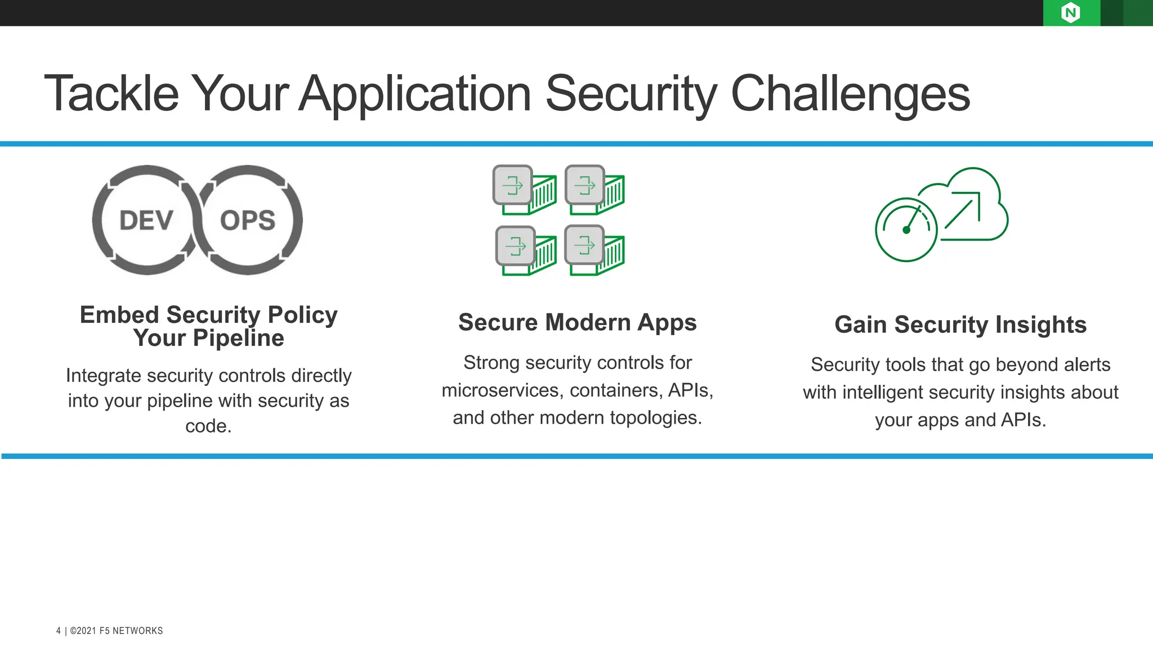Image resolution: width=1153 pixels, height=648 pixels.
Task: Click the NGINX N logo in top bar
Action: [1070, 12]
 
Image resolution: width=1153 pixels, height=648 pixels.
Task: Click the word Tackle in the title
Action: [111, 93]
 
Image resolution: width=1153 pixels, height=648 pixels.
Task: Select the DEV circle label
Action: [146, 220]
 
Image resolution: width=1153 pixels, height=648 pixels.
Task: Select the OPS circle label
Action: [248, 220]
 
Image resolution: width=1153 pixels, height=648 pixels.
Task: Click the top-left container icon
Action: [524, 190]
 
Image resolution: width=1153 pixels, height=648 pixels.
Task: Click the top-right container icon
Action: [595, 190]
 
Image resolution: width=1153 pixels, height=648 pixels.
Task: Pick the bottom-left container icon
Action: [526, 250]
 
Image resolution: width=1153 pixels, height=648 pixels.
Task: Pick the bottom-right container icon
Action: [595, 250]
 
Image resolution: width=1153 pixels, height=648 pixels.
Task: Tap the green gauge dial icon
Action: [906, 229]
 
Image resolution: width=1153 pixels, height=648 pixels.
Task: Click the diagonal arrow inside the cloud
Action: [963, 210]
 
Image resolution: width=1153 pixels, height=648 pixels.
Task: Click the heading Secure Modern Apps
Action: [577, 322]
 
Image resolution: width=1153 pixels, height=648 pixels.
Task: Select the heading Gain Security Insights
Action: [960, 325]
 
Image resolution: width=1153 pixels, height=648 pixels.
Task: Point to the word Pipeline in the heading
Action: [238, 339]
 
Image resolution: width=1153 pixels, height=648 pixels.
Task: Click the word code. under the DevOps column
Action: [208, 426]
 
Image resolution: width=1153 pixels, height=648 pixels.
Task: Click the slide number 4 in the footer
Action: [59, 631]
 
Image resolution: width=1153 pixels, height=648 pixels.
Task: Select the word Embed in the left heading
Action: [119, 315]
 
